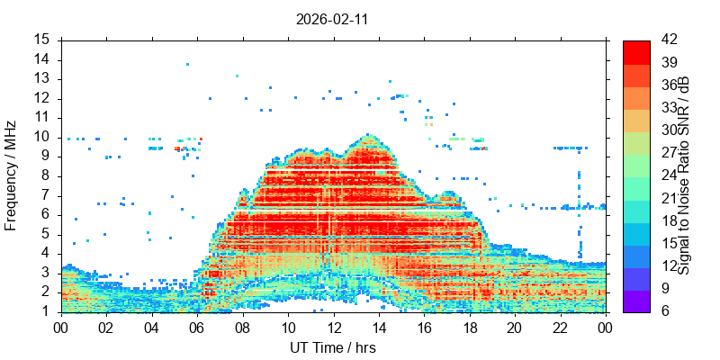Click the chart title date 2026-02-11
[332, 18]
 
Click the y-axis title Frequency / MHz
[11, 175]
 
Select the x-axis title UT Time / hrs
[332, 347]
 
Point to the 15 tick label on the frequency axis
[43, 40]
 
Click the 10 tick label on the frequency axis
[43, 137]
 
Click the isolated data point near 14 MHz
[187, 64]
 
